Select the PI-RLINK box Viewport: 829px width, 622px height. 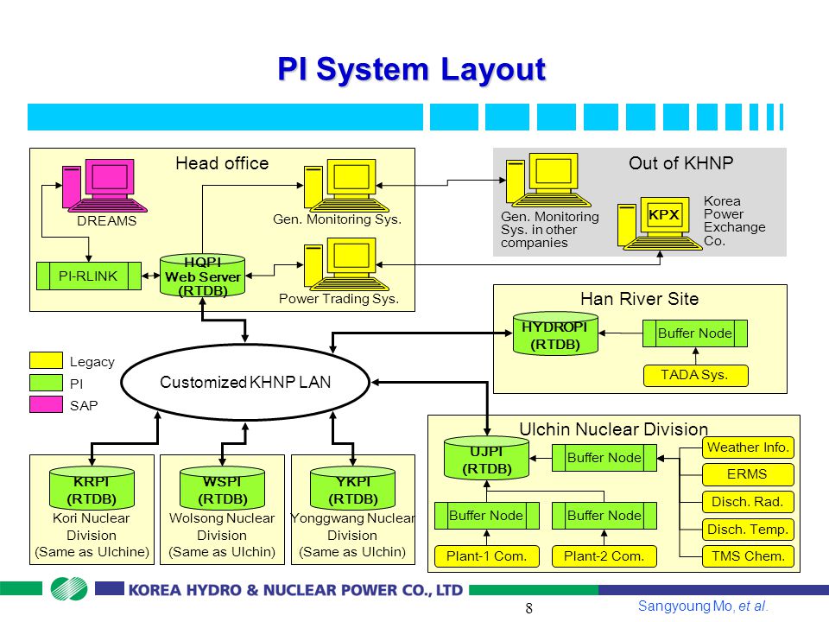89,276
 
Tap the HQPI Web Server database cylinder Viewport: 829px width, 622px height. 202,276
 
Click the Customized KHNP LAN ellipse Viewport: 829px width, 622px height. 245,382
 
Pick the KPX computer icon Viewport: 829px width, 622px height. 659,223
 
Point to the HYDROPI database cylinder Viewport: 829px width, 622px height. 555,333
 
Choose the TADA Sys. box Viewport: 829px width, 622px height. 695,375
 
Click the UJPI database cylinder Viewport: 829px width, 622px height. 486,459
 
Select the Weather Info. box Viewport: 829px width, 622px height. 748,447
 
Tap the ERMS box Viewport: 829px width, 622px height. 748,474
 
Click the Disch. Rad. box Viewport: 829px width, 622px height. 748,501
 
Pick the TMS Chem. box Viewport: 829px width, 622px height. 748,555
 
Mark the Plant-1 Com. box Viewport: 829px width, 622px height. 486,556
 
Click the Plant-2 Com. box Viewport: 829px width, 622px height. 604,556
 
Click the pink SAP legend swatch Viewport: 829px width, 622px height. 46,404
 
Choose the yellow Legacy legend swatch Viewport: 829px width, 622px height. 46,360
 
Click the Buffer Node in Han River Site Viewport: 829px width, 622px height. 695,333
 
